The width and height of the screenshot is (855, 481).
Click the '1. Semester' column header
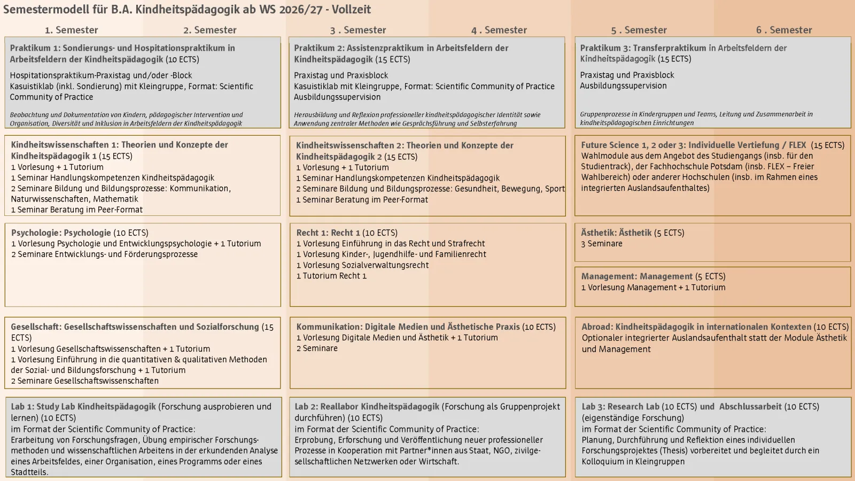(71, 30)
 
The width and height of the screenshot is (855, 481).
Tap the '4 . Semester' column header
(499, 30)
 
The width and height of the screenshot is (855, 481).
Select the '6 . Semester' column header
(783, 30)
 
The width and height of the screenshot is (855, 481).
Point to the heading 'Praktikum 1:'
(34, 48)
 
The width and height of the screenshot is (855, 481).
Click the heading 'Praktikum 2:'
(319, 48)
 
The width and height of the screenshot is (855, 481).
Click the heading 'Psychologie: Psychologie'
(61, 232)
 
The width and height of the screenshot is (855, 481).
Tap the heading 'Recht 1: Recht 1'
(328, 232)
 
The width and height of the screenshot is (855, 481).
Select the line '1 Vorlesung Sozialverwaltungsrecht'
(362, 265)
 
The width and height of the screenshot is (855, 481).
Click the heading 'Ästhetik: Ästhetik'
(616, 232)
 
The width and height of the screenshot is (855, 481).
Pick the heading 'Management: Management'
(636, 276)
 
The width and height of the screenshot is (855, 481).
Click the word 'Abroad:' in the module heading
(597, 327)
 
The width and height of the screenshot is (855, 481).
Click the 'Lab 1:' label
(22, 406)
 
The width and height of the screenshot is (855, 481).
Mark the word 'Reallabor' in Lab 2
(339, 406)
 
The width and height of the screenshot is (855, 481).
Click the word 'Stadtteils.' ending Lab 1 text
(29, 472)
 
